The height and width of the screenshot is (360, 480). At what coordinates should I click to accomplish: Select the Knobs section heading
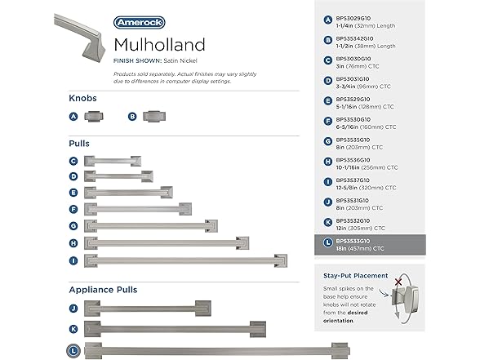pos(82,98)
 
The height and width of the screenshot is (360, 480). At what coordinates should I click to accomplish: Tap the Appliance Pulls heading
pos(102,289)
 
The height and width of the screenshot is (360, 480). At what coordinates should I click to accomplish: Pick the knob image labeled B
pos(154,117)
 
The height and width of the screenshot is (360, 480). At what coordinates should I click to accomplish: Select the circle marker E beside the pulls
pos(73,193)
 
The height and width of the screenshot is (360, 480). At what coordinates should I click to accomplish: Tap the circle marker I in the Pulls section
pos(73,260)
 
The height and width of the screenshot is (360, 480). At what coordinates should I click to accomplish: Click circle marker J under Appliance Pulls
pos(73,309)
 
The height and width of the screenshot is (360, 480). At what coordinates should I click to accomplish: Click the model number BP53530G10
pos(355,120)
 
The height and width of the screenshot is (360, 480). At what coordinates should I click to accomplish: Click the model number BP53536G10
pos(355,160)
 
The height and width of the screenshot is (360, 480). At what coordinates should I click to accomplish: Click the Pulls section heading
pos(79,143)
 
